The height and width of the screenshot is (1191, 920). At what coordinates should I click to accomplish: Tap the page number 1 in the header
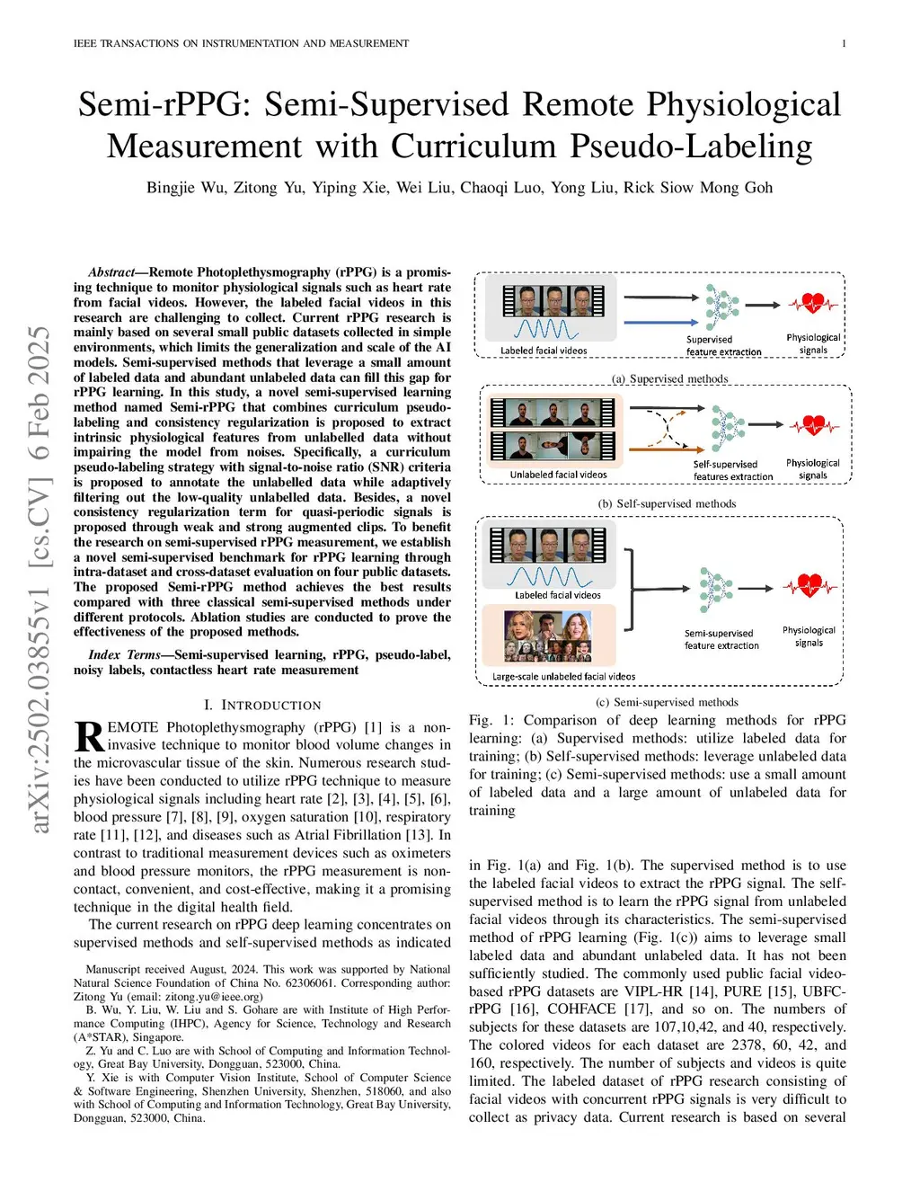[x=844, y=43]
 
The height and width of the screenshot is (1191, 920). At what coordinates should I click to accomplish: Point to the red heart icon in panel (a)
[x=813, y=304]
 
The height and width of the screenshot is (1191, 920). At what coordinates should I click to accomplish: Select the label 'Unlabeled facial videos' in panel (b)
[x=558, y=475]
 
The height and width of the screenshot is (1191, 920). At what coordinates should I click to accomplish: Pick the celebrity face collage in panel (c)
[x=548, y=635]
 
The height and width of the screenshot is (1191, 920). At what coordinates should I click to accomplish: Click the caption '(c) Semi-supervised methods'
[x=667, y=702]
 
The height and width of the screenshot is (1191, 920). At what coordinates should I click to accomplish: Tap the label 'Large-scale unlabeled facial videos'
[x=563, y=677]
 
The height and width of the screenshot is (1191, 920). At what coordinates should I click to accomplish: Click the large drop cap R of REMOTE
[x=89, y=736]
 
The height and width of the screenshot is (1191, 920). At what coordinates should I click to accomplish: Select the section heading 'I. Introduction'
[x=262, y=706]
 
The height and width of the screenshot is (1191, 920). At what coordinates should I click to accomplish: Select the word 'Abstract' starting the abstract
[x=111, y=272]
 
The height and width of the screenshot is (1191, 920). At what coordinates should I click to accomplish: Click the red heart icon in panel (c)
[x=809, y=586]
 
